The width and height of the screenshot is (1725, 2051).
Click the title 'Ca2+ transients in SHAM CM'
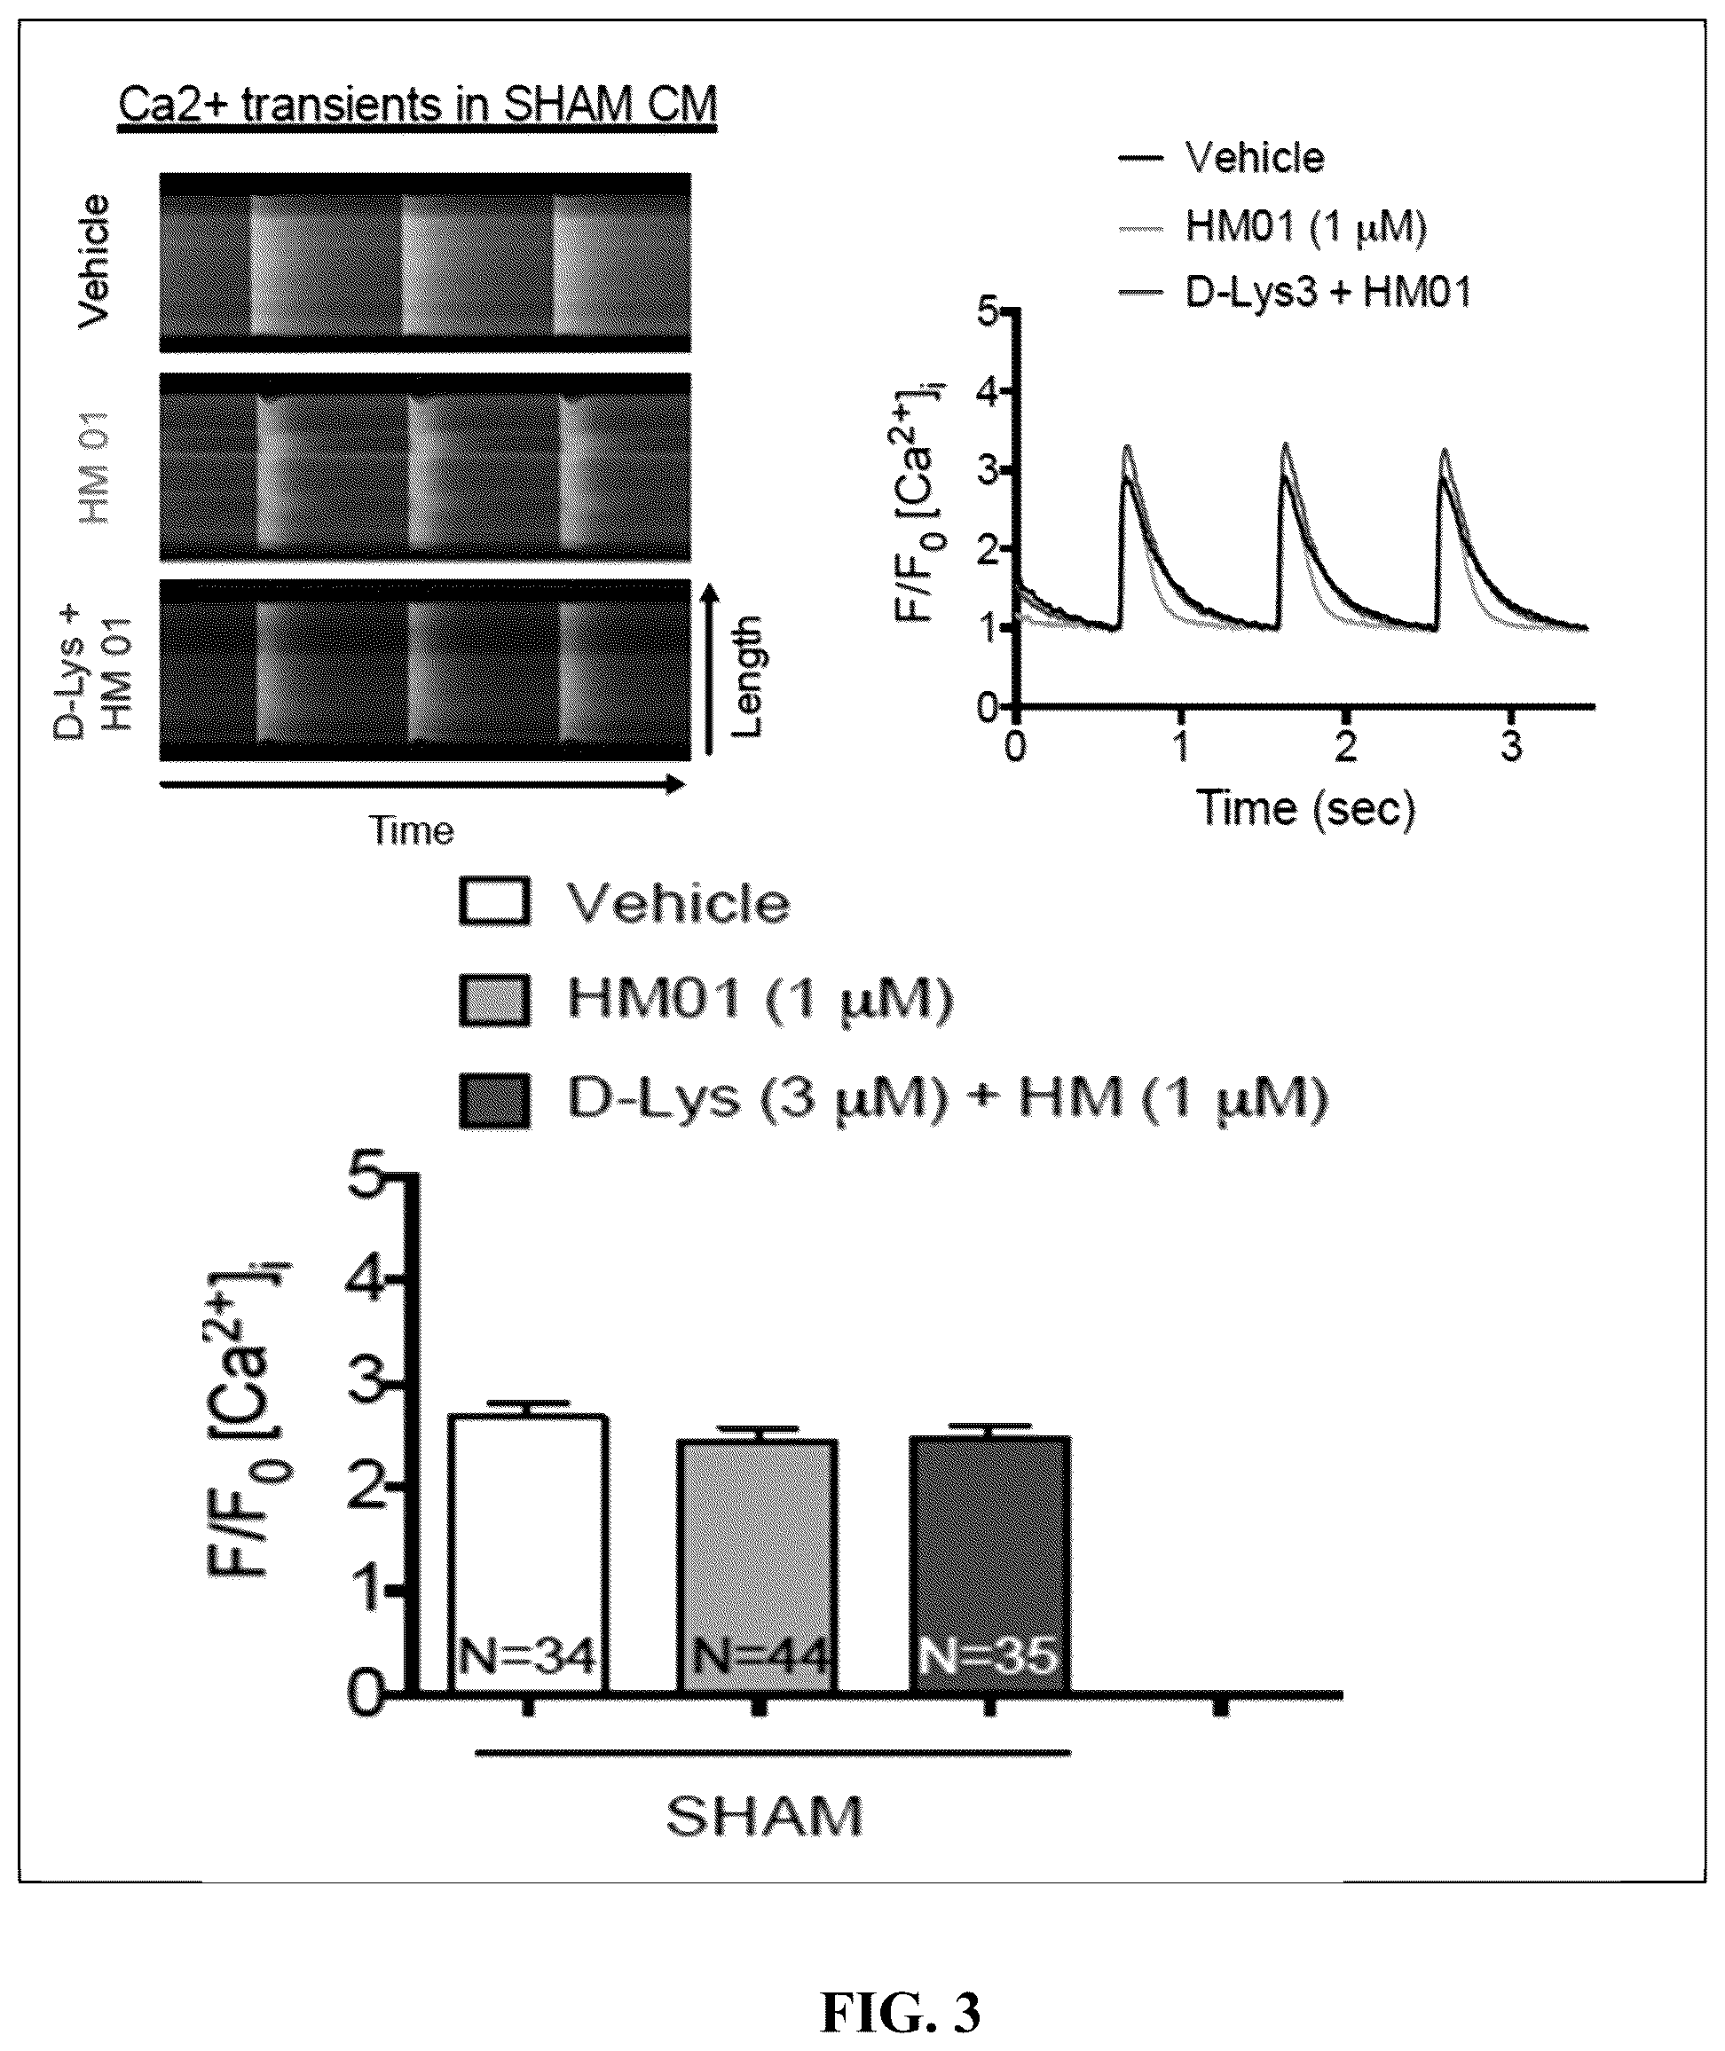(418, 105)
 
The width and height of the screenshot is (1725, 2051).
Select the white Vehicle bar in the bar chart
(528, 1553)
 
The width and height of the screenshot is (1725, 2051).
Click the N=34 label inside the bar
(528, 1657)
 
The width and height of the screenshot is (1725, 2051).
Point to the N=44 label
(760, 1657)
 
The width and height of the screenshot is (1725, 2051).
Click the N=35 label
(989, 1657)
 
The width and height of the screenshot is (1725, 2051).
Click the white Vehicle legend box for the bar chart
(495, 901)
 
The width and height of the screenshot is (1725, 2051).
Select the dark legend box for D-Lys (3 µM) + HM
(495, 1101)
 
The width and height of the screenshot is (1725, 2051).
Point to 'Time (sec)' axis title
(1306, 807)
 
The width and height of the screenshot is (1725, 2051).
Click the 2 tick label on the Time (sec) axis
(1347, 746)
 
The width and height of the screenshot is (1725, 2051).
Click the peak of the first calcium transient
(1128, 447)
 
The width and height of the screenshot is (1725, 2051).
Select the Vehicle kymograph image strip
(425, 263)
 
